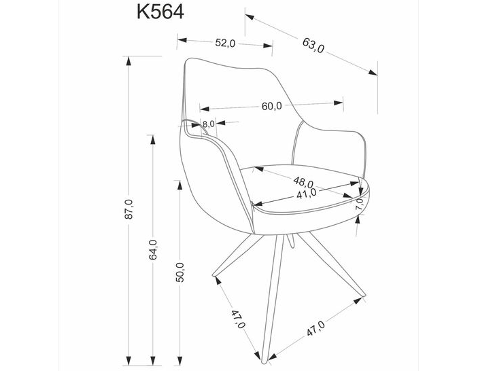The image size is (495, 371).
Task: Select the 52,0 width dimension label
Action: pyautogui.click(x=225, y=43)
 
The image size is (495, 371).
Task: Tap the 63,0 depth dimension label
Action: pyautogui.click(x=313, y=45)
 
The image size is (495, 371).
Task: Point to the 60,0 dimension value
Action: pyautogui.click(x=271, y=105)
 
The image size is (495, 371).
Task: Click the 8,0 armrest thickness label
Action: pyautogui.click(x=208, y=124)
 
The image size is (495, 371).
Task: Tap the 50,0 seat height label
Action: pyautogui.click(x=180, y=272)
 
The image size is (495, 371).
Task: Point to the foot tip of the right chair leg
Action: pyautogui.click(x=366, y=296)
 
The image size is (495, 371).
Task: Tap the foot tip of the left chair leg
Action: pyautogui.click(x=214, y=277)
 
